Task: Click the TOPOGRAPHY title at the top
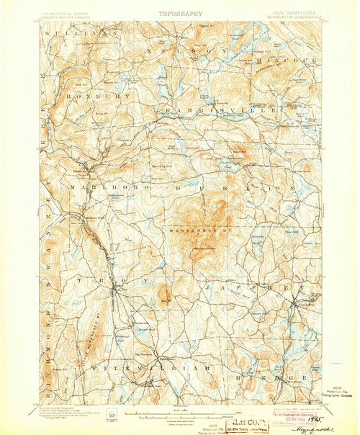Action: pyautogui.click(x=179, y=13)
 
